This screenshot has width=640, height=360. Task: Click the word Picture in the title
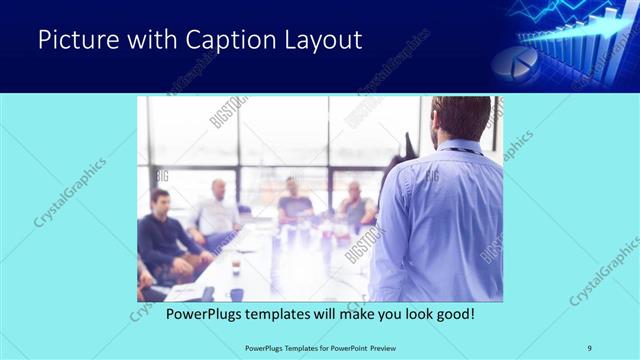(74, 40)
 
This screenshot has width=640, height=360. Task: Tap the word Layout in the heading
(320, 40)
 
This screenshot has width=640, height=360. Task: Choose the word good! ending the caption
(452, 313)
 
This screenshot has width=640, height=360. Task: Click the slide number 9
(589, 347)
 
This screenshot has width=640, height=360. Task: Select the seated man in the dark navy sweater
(163, 235)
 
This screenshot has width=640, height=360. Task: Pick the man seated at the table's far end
(294, 200)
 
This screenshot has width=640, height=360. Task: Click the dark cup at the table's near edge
(236, 294)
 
